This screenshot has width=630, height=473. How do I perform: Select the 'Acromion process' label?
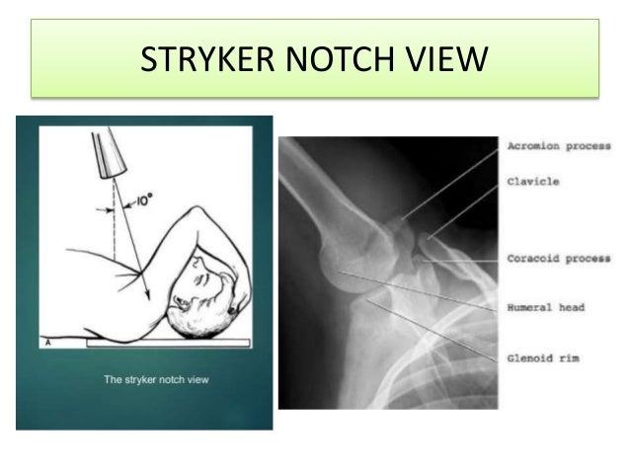tap(559, 147)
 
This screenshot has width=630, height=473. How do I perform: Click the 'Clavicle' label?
tap(533, 181)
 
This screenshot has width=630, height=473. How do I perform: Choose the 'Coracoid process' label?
tap(559, 259)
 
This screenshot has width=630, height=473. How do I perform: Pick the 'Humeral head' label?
tap(546, 307)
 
